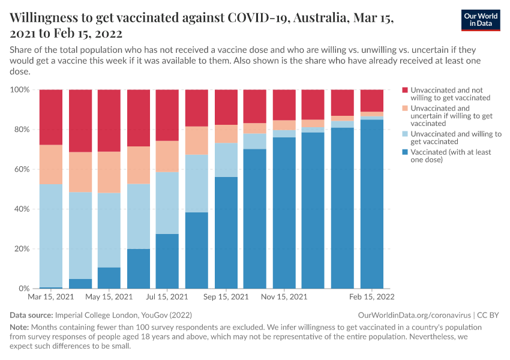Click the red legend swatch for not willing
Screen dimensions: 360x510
[404, 90]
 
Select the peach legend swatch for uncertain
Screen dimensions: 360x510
[404, 109]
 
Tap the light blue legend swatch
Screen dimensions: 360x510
[404, 134]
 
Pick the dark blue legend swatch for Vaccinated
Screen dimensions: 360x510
[404, 152]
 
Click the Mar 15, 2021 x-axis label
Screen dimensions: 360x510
[50, 297]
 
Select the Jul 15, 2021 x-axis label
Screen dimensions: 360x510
[167, 297]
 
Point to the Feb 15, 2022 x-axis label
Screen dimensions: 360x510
[371, 297]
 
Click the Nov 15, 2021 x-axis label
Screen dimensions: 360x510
[284, 297]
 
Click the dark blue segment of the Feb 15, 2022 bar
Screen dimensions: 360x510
[371, 204]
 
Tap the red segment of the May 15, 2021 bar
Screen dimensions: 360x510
[109, 120]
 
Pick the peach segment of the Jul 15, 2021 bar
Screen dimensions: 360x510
[167, 157]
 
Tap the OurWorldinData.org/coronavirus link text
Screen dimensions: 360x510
[414, 315]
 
